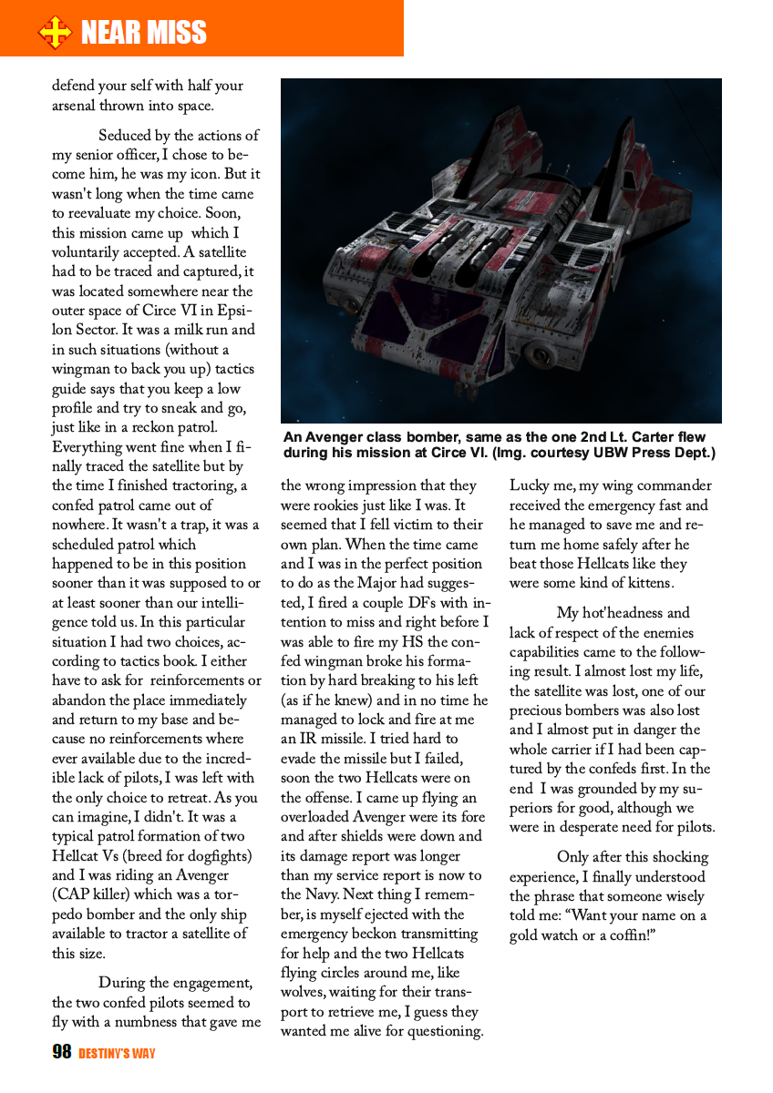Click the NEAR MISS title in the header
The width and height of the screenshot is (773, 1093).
[144, 34]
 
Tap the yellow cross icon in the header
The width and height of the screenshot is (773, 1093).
[55, 34]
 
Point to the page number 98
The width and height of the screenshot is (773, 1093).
[62, 1053]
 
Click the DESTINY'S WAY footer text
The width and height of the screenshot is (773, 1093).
[117, 1054]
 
